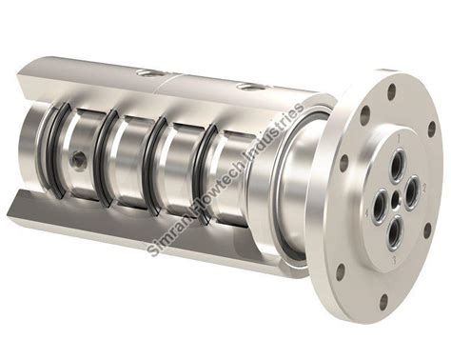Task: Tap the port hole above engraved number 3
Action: [394, 230]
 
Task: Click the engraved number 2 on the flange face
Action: [424, 188]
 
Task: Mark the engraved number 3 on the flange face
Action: [395, 260]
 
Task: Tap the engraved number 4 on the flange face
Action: [367, 213]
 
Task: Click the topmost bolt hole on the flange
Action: [392, 90]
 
